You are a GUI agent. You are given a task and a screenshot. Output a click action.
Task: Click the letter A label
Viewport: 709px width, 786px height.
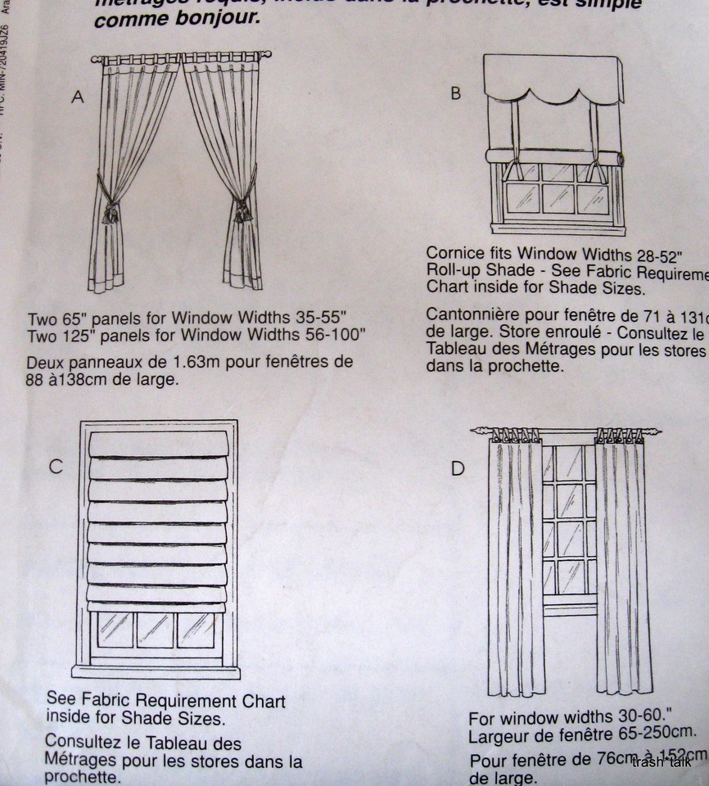coord(78,97)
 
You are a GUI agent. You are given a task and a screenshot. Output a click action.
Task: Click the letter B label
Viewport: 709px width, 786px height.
coord(456,93)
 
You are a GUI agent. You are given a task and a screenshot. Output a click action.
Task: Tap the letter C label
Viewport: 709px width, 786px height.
coord(56,467)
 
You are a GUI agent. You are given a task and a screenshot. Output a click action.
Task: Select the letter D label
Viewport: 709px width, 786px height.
coord(458,468)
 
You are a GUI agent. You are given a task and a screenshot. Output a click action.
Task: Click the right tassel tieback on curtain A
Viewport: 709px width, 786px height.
coord(243,208)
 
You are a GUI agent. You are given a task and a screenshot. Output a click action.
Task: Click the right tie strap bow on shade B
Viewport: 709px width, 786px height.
coord(597,170)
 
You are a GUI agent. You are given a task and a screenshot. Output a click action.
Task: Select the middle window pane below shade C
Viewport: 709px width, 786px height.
coord(156,630)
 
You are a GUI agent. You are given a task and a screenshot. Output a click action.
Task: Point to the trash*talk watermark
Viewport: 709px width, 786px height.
coord(662,763)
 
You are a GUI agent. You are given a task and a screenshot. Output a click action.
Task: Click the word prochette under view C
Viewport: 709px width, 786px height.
coord(82,777)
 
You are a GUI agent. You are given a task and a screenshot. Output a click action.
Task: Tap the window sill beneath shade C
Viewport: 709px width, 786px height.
coord(156,672)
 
